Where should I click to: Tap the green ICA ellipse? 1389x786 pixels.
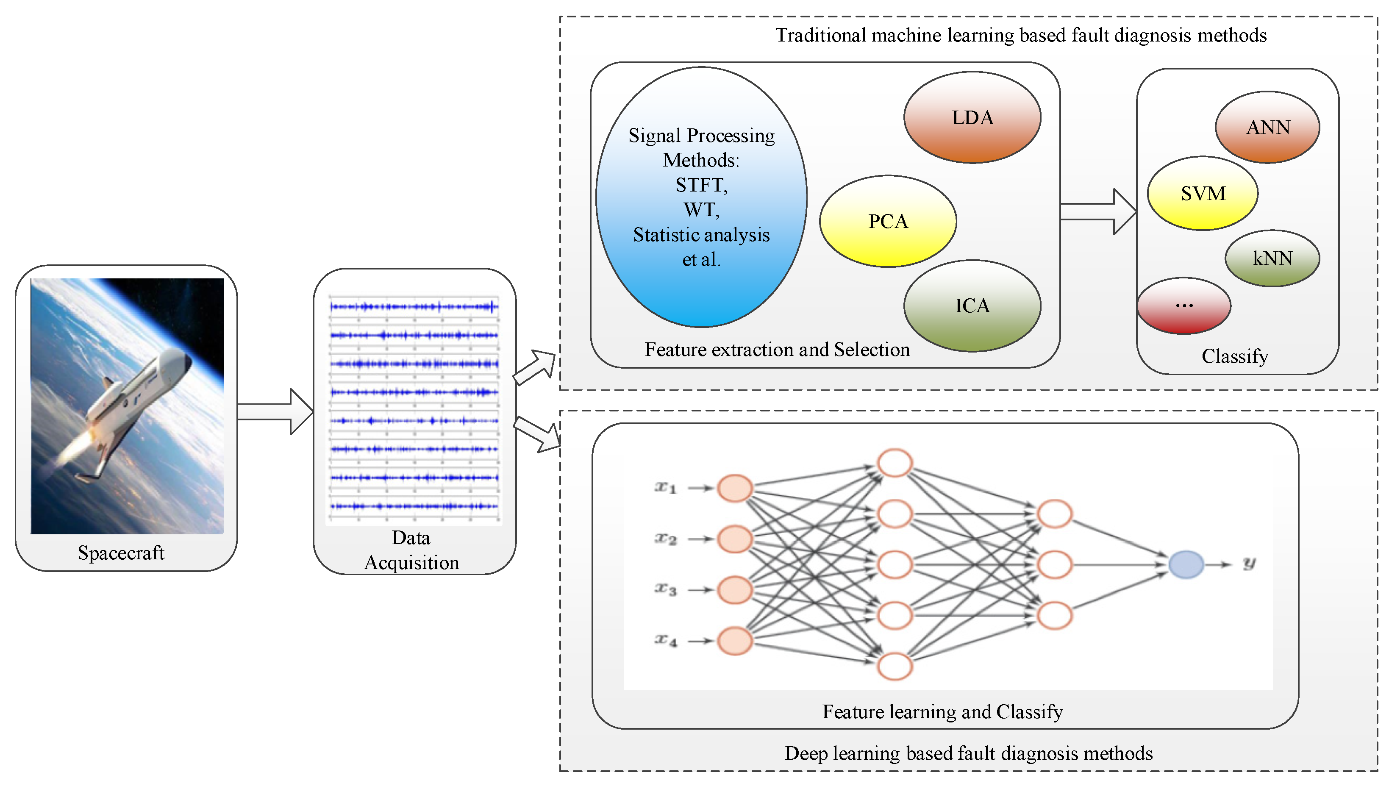972,306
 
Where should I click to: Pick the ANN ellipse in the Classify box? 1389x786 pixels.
1267,128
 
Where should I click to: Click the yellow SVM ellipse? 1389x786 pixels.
1202,193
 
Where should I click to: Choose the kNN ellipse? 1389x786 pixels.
1272,258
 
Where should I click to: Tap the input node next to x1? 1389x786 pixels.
734,489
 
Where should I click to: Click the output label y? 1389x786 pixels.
1249,564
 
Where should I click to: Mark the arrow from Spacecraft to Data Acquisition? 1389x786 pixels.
275,412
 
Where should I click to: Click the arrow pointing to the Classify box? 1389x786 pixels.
1099,211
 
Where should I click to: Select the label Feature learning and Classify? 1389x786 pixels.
942,711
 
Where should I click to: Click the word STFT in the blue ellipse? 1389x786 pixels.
701,185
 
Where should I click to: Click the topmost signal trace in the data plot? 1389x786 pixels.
414,307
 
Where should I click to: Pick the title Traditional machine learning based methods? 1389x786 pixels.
1020,35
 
